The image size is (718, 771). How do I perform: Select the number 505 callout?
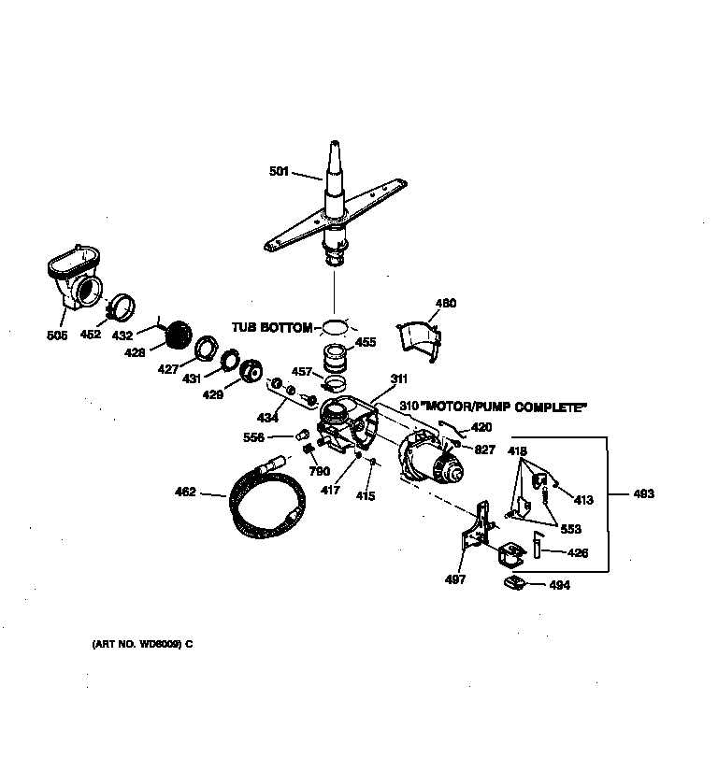click(x=56, y=336)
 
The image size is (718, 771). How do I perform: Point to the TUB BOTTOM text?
click(x=272, y=327)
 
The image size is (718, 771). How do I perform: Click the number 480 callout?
click(x=446, y=303)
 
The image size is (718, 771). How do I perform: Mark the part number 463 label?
click(x=642, y=494)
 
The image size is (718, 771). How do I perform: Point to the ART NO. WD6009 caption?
click(x=142, y=644)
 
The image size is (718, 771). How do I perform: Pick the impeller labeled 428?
click(x=179, y=335)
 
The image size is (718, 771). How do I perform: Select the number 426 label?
click(x=579, y=553)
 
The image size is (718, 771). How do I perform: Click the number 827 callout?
click(x=483, y=449)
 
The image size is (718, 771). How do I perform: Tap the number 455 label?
click(x=366, y=343)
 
